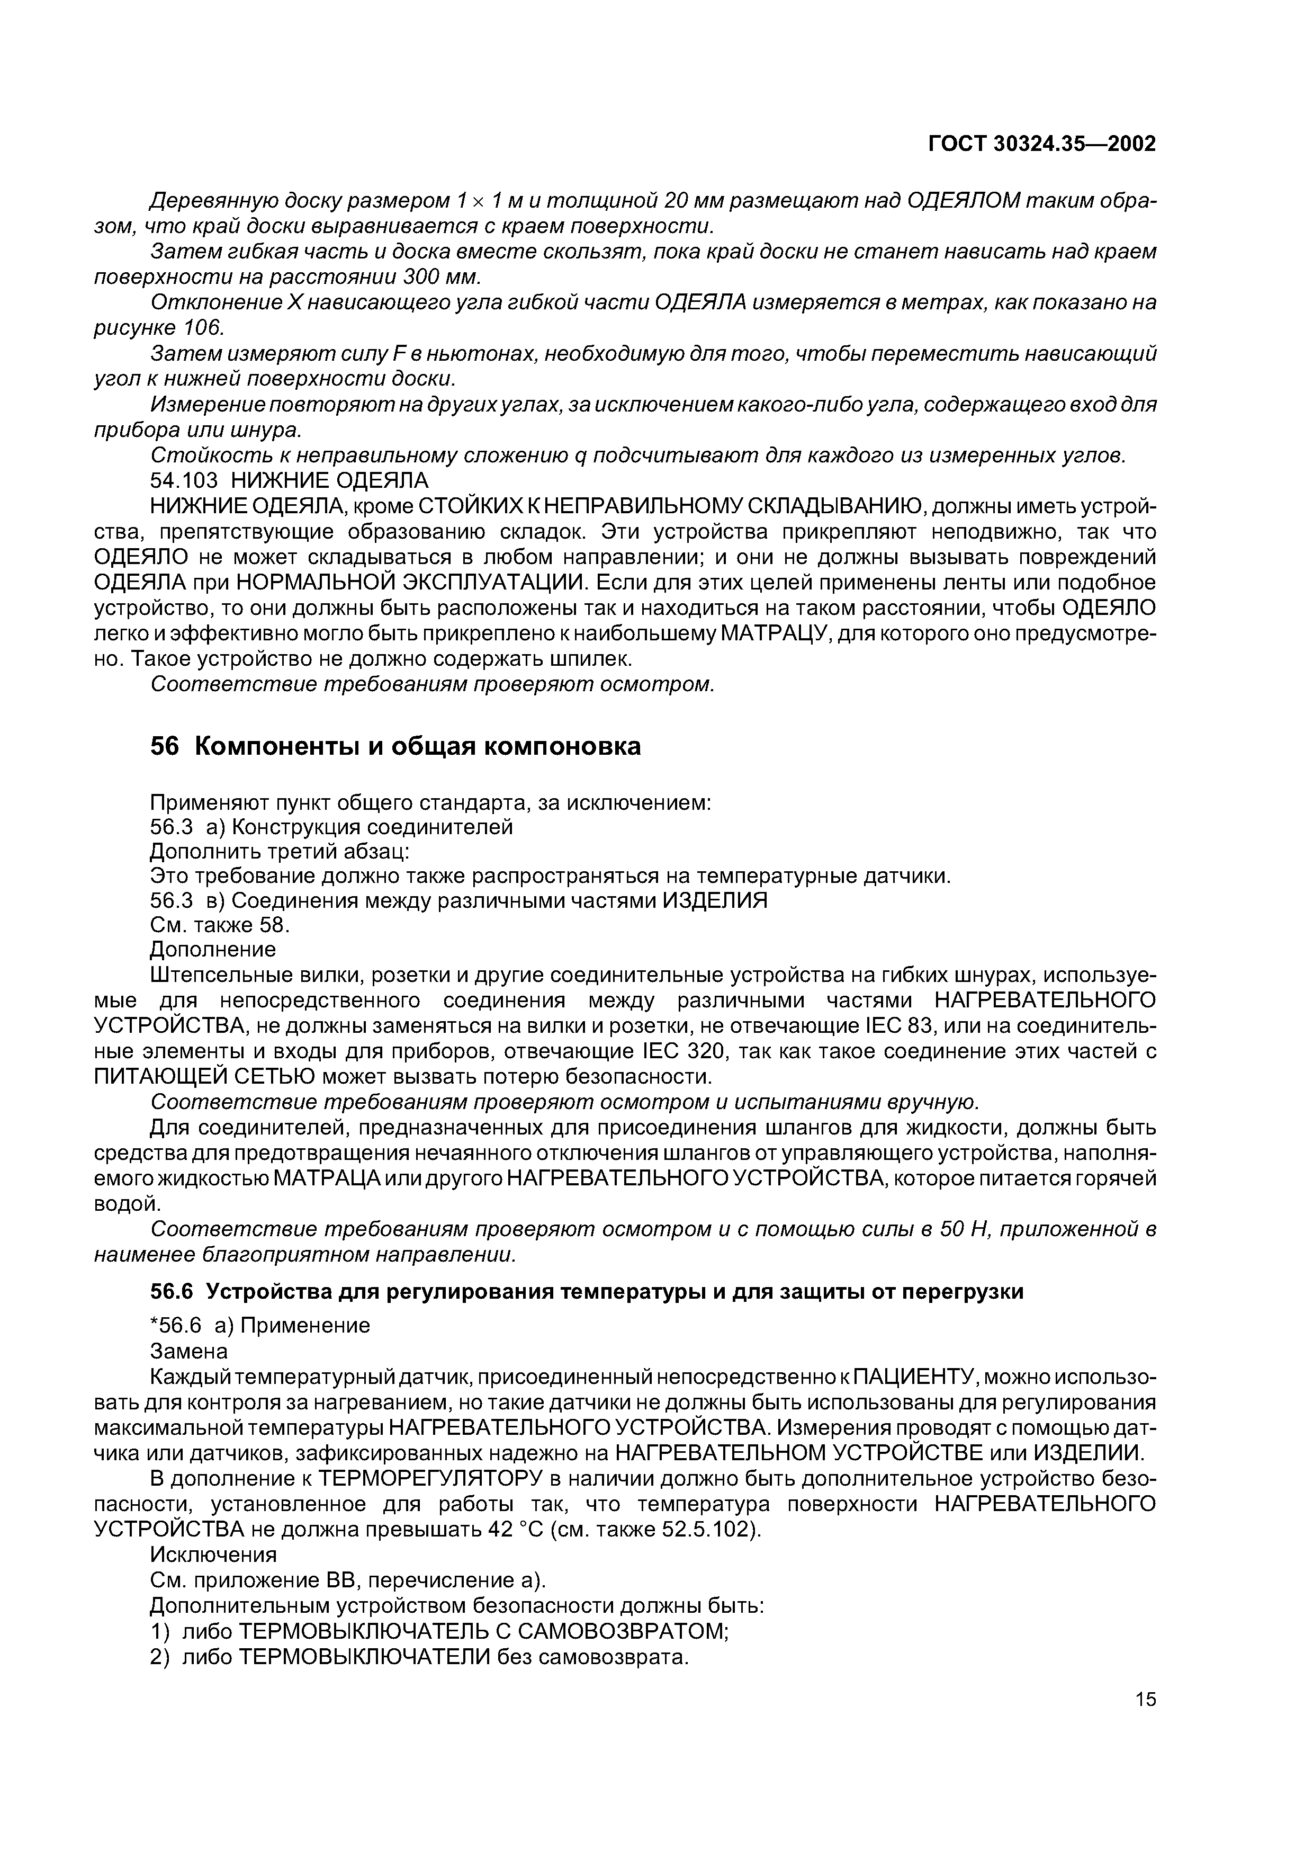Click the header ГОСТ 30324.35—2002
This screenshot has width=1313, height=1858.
[1042, 144]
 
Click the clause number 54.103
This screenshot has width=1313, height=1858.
[185, 481]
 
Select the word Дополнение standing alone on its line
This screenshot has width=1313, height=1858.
[213, 949]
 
